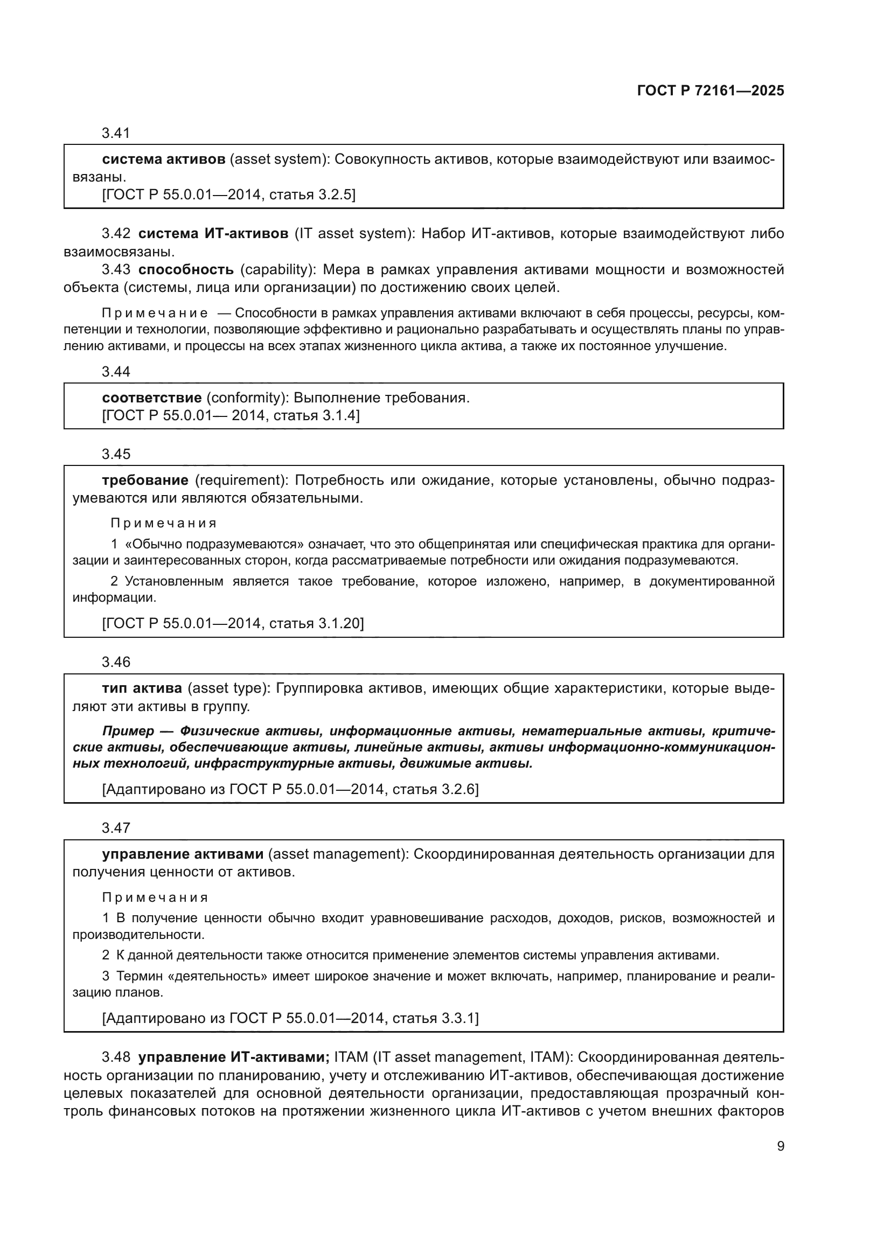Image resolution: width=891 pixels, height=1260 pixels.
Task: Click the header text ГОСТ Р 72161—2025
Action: coord(711,91)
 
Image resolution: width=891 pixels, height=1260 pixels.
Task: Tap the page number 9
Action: coord(780,1146)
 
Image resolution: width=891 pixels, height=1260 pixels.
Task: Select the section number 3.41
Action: coord(116,133)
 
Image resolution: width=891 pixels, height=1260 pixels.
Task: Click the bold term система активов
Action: coord(164,159)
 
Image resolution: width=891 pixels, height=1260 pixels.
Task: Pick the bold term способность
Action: coord(186,269)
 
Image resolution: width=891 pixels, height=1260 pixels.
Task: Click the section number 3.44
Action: coord(116,372)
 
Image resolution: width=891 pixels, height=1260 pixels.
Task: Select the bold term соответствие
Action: coord(151,398)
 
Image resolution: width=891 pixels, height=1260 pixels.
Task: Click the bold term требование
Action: coord(145,480)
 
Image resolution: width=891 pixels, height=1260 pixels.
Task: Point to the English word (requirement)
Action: coord(241,480)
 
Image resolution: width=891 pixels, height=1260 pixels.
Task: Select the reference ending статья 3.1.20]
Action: coord(317,623)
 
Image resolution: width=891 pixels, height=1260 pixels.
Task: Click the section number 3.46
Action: coord(116,662)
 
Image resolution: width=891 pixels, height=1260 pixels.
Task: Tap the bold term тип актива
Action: coord(142,688)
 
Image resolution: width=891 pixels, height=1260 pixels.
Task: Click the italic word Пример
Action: coord(128,731)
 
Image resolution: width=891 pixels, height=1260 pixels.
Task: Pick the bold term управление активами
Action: coord(183,854)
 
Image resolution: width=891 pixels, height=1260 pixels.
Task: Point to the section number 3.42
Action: coord(116,234)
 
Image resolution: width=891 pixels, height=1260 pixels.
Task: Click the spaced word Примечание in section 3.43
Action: coord(155,314)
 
